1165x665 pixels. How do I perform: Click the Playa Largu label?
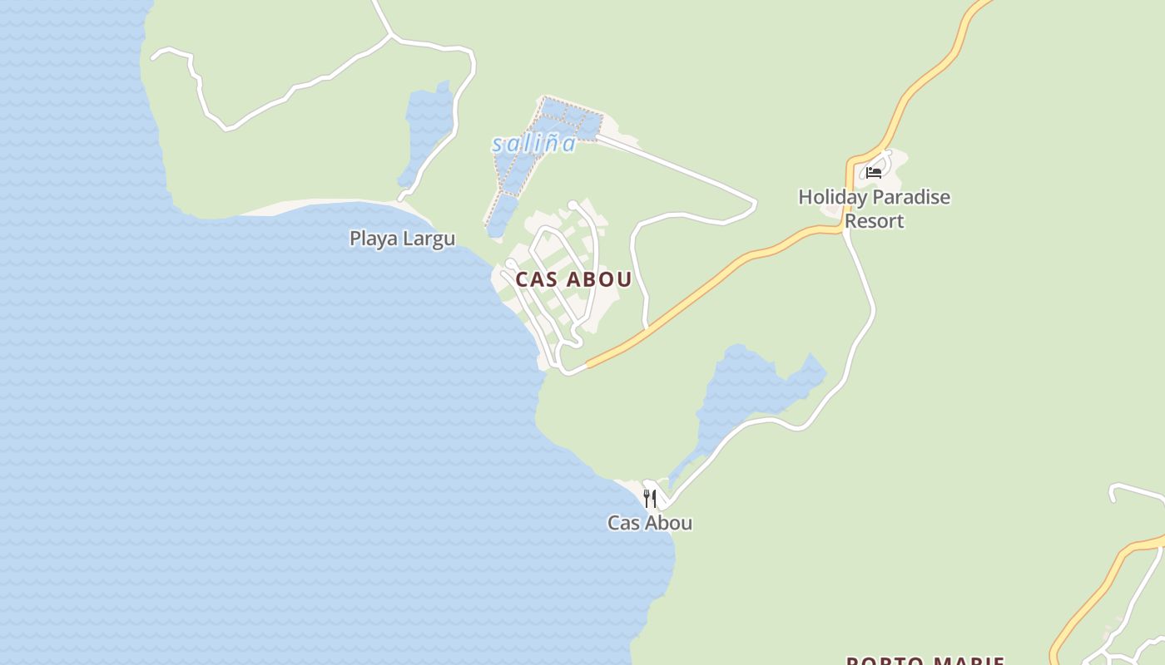pyautogui.click(x=402, y=239)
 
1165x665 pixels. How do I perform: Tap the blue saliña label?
pyautogui.click(x=533, y=144)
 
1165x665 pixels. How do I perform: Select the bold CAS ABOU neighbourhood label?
pyautogui.click(x=573, y=279)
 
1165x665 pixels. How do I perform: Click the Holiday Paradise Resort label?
pyautogui.click(x=874, y=209)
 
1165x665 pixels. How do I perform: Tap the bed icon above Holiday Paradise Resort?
pyautogui.click(x=874, y=172)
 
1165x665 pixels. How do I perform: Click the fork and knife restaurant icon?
pyautogui.click(x=650, y=499)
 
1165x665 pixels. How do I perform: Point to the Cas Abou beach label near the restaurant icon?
pyautogui.click(x=650, y=523)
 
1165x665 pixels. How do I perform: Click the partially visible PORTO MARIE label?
pyautogui.click(x=925, y=661)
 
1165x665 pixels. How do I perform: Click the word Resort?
pyautogui.click(x=874, y=221)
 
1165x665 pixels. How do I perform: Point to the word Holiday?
pyautogui.click(x=833, y=197)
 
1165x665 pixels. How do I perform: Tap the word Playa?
pyautogui.click(x=372, y=239)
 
